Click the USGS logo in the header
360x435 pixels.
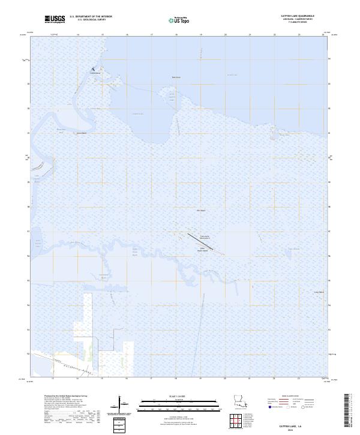point(55,19)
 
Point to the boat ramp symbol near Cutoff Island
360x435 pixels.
point(93,70)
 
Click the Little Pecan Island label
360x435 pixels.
point(203,250)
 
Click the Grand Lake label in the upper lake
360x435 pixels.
point(232,75)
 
